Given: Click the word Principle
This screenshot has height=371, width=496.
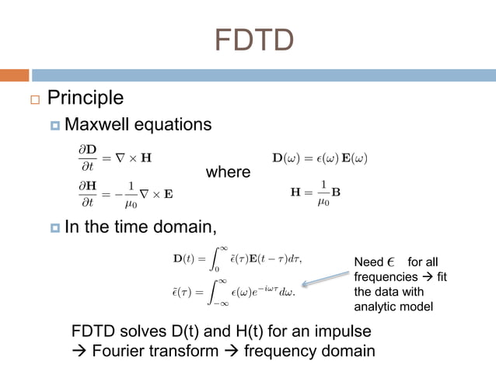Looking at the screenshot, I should (x=86, y=98).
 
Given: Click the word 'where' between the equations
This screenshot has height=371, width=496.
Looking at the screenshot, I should (x=228, y=172).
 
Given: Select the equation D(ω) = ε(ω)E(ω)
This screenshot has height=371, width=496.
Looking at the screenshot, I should (x=319, y=158).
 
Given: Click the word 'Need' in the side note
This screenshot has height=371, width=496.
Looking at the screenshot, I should (x=369, y=262).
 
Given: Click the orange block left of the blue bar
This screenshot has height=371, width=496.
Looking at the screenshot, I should (x=14, y=75).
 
